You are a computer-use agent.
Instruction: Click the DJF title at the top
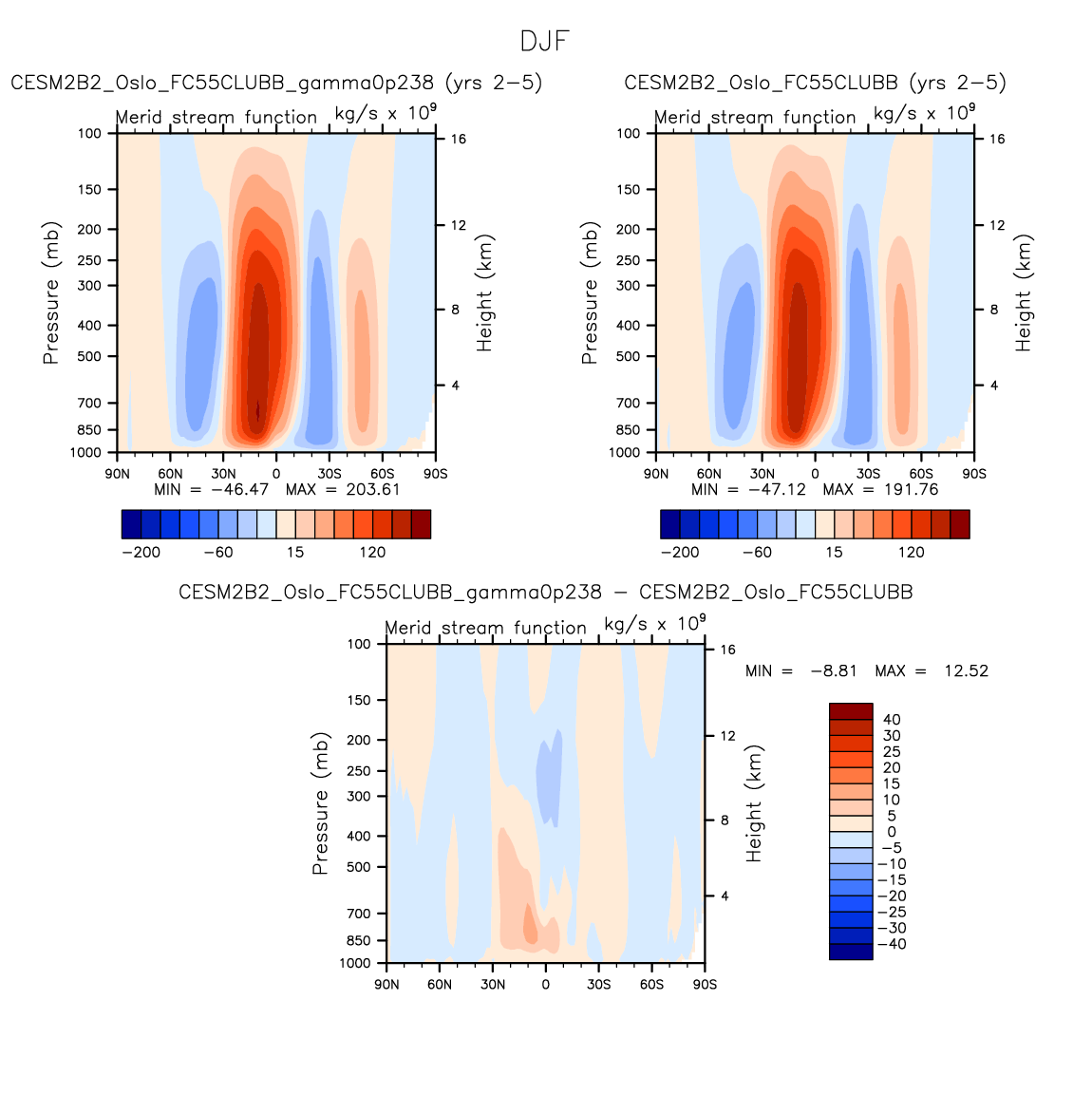[x=545, y=42]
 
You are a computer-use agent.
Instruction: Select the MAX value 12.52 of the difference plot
[x=966, y=671]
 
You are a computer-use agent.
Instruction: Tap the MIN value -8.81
[x=833, y=671]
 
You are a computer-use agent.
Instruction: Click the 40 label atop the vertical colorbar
[x=892, y=720]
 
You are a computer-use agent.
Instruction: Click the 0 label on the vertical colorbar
[x=892, y=832]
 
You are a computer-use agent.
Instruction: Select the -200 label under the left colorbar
[x=141, y=553]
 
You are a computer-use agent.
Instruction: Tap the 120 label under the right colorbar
[x=912, y=553]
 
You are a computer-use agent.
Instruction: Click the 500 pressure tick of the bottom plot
[x=359, y=867]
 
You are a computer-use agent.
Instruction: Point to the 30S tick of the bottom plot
[x=598, y=985]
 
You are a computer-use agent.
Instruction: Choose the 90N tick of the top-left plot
[x=117, y=474]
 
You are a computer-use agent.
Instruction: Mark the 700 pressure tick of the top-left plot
[x=90, y=404]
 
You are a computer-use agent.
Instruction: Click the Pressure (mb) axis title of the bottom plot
[x=320, y=803]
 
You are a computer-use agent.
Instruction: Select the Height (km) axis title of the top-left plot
[x=485, y=293]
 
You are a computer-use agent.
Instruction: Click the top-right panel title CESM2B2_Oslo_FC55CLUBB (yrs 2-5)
[x=815, y=84]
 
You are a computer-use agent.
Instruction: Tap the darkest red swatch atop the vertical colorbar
[x=851, y=711]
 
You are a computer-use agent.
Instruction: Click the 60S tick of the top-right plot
[x=921, y=474]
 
